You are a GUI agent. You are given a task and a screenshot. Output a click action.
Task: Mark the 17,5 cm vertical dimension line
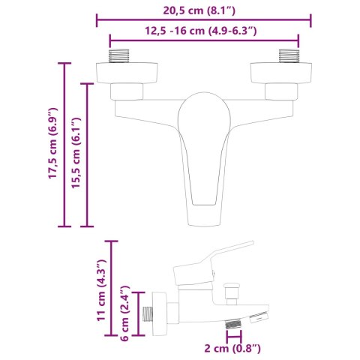(65, 145)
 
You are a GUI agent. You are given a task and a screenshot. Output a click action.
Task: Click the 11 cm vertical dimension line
(113, 289)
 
